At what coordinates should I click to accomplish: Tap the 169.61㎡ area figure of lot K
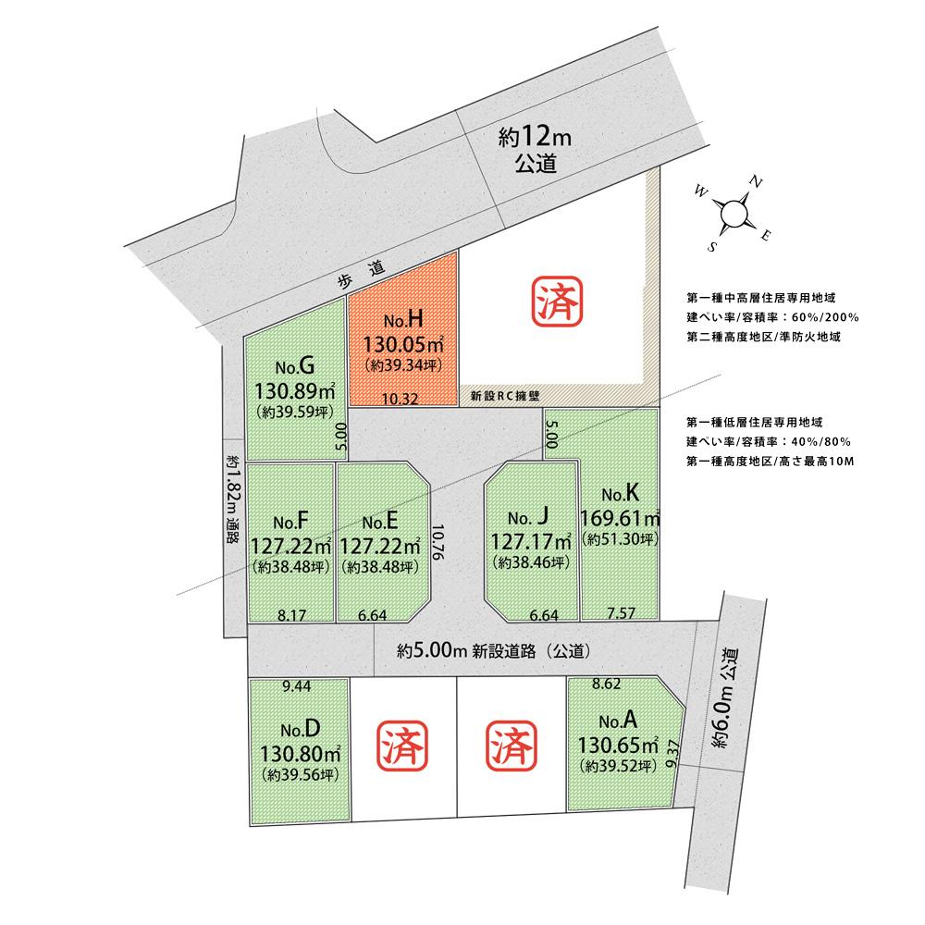pos(619,516)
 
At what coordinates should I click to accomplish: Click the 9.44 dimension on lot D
pos(296,686)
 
